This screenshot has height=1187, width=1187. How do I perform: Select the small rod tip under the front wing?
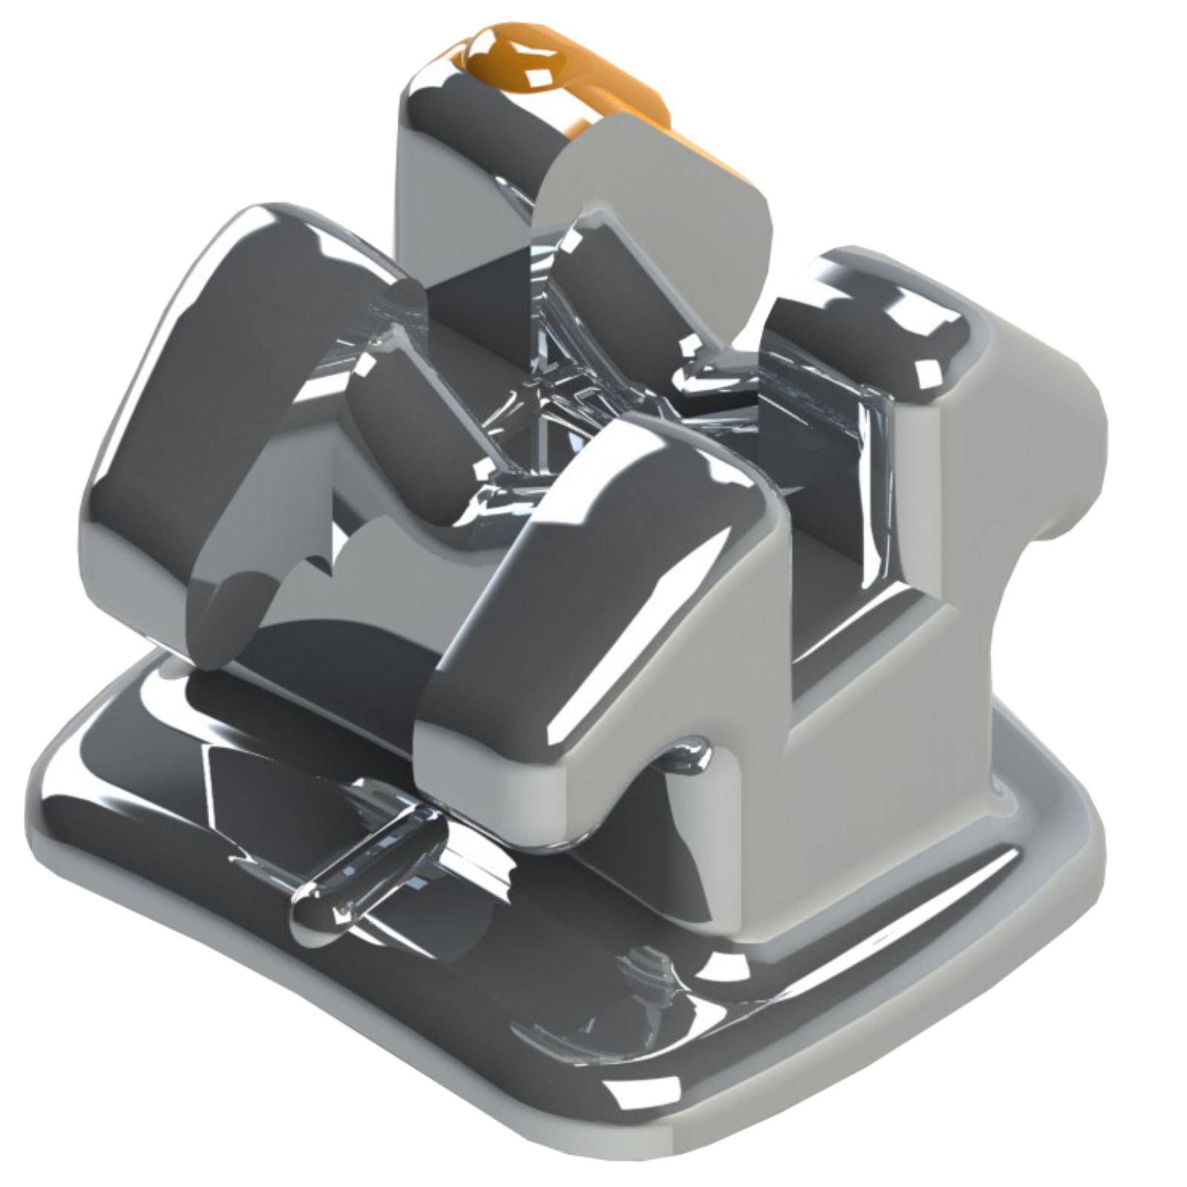pos(690,757)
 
